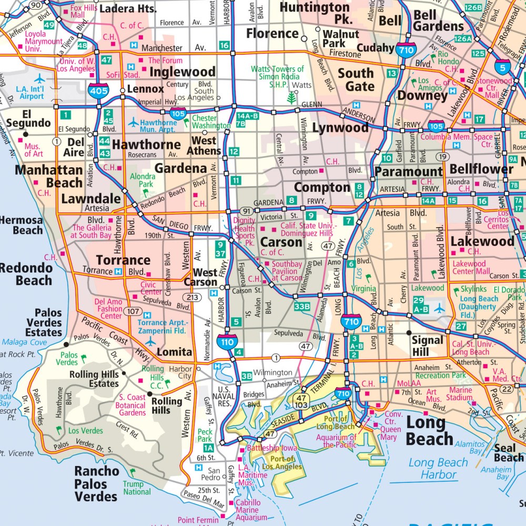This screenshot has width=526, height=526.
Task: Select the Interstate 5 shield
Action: pos(503,67)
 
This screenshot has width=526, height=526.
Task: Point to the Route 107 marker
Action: pos(133,311)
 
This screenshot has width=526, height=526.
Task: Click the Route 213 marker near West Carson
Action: pos(194,298)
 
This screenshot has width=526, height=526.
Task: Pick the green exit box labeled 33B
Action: pos(302,306)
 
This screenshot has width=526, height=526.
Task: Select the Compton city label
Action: pos(322,187)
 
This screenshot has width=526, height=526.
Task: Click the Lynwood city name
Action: pos(340,128)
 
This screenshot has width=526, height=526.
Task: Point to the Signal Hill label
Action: pos(427,346)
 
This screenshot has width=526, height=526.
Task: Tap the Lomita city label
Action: pos(175,352)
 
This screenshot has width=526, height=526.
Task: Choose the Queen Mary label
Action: pos(390,433)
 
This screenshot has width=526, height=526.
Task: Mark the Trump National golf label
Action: pos(137,488)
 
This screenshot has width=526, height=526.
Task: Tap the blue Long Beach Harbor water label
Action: pos(438,468)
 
